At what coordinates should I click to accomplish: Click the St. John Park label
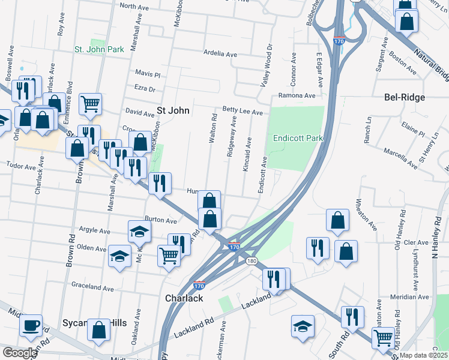pos(99,49)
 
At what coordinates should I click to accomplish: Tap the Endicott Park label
pos(298,138)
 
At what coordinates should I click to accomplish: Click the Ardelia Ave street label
pos(220,54)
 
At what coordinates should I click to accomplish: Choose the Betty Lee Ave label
pos(243,112)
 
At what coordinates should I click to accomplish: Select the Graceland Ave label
pos(92,288)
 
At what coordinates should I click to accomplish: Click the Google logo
pos(19,352)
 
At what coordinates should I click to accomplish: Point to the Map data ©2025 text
pos(423,355)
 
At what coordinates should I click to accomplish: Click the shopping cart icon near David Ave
pos(90,103)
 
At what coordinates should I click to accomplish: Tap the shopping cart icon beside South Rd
pos(382,337)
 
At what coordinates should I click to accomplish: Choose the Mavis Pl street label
pos(148,75)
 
